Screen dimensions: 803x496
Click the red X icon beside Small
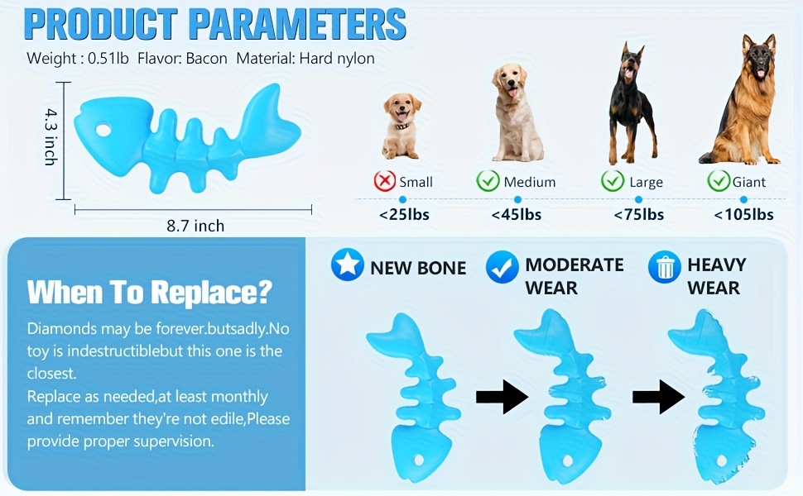pyautogui.click(x=385, y=181)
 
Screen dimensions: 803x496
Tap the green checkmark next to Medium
pyautogui.click(x=488, y=181)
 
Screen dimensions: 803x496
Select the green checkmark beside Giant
pyautogui.click(x=719, y=180)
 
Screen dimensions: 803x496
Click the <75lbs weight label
pyautogui.click(x=638, y=215)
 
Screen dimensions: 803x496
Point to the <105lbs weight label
pyautogui.click(x=743, y=215)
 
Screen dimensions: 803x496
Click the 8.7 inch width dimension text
pyautogui.click(x=195, y=226)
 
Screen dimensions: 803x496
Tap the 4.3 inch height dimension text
pyautogui.click(x=50, y=136)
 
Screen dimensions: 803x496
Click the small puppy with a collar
pyautogui.click(x=401, y=126)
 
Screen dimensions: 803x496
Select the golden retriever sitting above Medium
pyautogui.click(x=517, y=112)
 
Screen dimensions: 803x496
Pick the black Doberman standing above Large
pyautogui.click(x=632, y=104)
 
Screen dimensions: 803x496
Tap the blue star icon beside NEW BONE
pyautogui.click(x=347, y=265)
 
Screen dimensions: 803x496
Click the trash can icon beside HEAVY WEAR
pyautogui.click(x=664, y=267)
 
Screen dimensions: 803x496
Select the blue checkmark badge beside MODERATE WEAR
pyautogui.click(x=502, y=267)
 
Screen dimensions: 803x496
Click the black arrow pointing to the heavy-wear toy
pyautogui.click(x=659, y=397)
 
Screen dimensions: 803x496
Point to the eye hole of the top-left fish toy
pyautogui.click(x=103, y=130)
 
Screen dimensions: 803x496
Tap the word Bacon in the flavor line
pyautogui.click(x=206, y=59)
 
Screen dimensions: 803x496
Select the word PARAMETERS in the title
pyautogui.click(x=297, y=25)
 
